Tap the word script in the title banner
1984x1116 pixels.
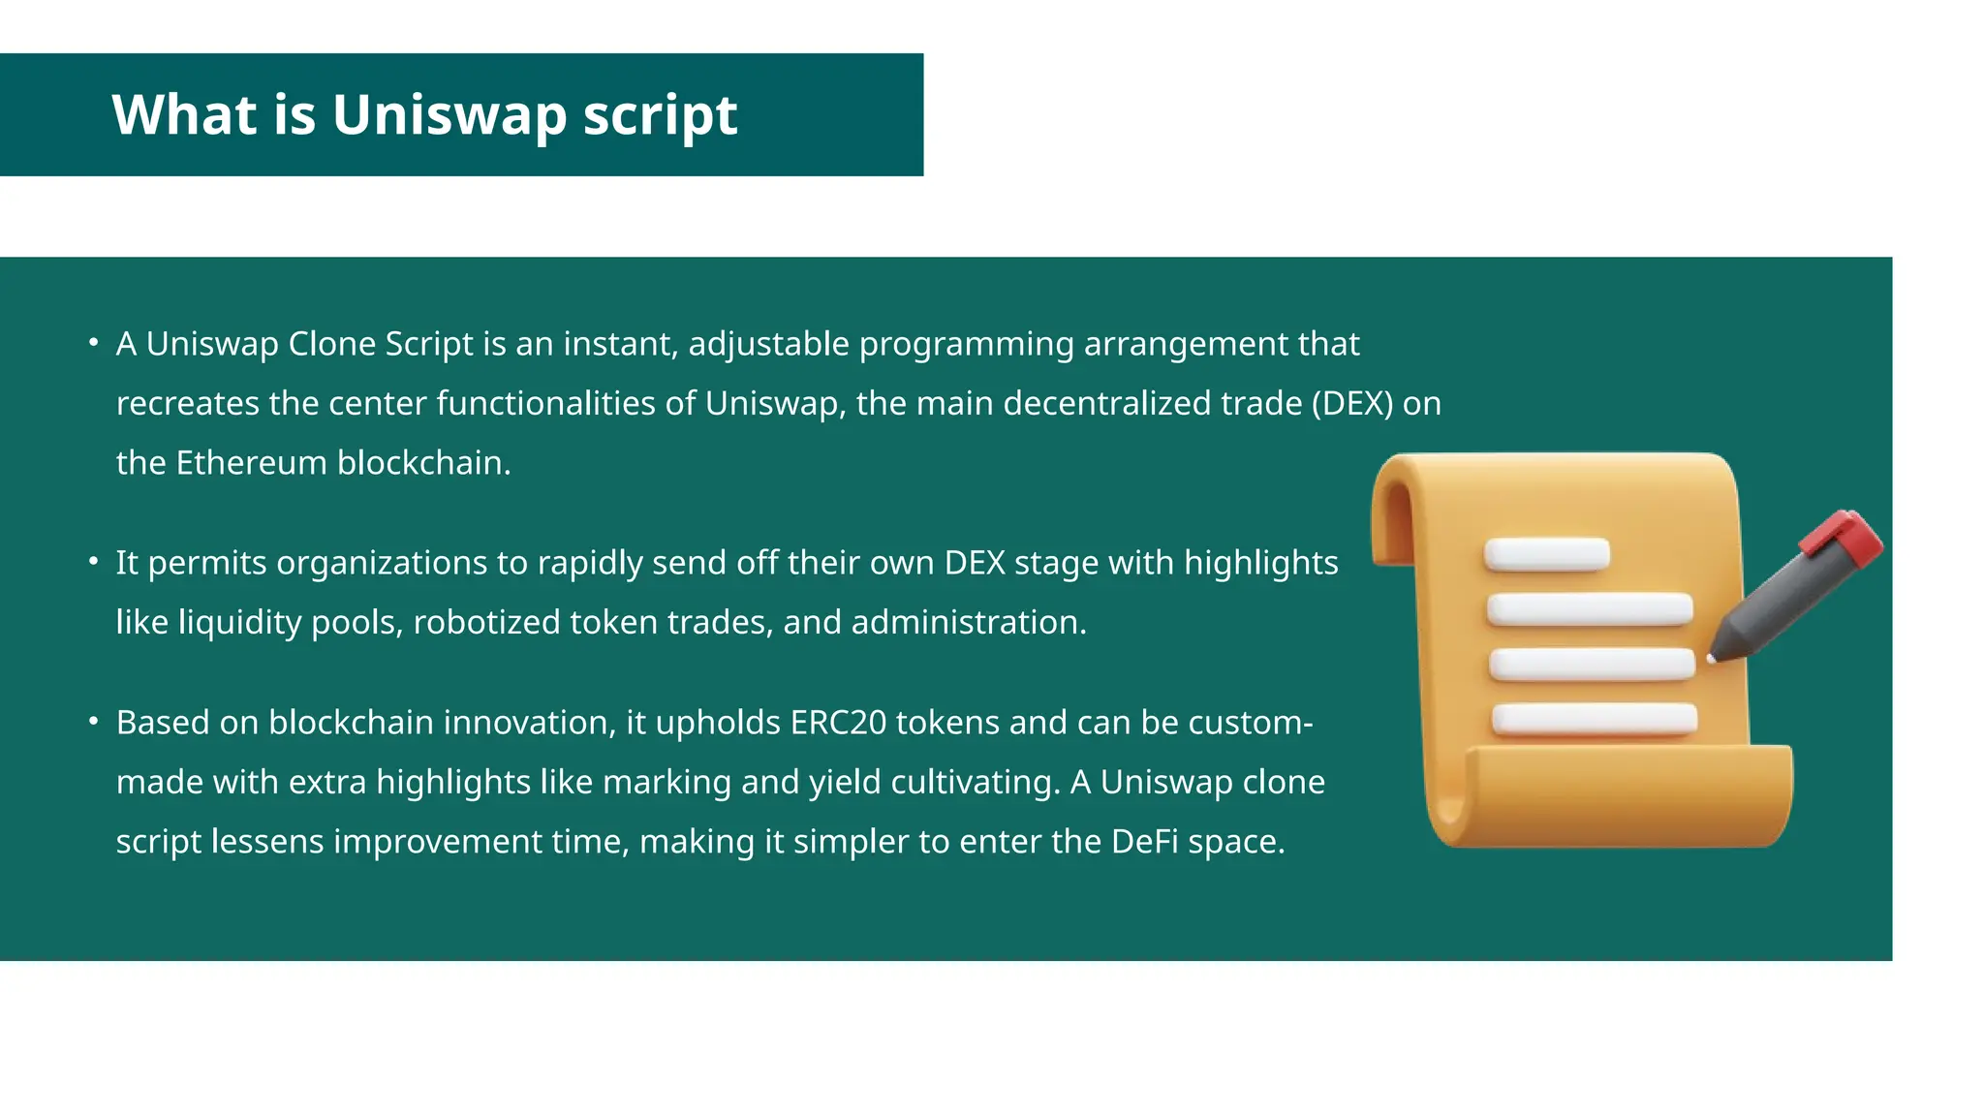pos(660,116)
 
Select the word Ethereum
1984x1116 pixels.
pos(251,463)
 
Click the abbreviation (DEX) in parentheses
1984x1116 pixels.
pos(1351,403)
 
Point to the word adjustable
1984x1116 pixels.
pos(769,345)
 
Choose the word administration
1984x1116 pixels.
pos(969,622)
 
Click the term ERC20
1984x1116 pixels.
pos(838,723)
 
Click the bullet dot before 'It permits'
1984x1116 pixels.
pos(93,561)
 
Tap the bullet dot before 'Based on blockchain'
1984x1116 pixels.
pos(93,721)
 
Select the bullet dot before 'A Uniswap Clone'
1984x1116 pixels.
pos(93,342)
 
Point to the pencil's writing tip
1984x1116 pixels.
pos(1713,658)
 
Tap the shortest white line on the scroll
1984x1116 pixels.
pos(1546,554)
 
